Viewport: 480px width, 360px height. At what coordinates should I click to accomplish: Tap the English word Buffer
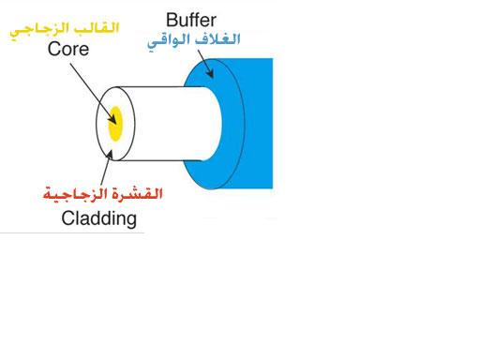(x=193, y=19)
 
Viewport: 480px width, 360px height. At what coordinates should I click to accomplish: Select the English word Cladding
(x=98, y=219)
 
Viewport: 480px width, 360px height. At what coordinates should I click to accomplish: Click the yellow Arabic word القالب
(x=100, y=28)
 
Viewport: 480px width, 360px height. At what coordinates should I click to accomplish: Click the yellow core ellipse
(x=116, y=124)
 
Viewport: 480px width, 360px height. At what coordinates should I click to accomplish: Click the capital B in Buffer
(x=172, y=19)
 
